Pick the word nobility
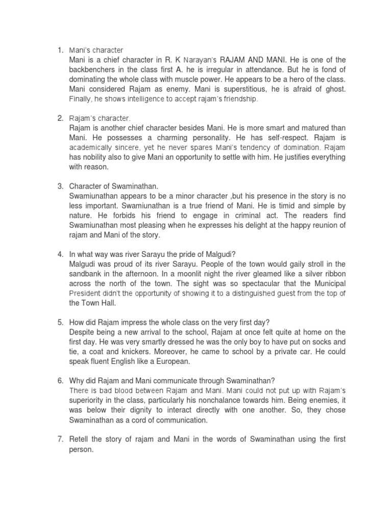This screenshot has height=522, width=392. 102,157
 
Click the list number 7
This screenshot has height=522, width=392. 60,439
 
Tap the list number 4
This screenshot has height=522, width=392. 60,254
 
